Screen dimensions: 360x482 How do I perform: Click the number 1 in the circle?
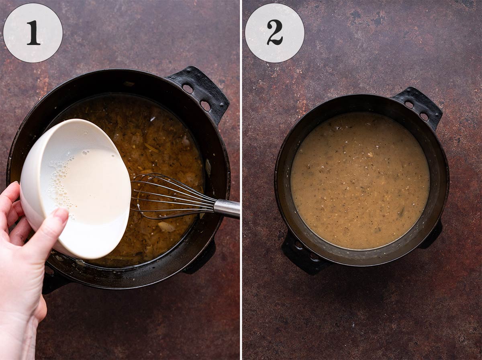[x=33, y=33]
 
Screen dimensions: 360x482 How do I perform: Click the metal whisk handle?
[x=227, y=208]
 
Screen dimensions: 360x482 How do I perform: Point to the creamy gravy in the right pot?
[x=359, y=181]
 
